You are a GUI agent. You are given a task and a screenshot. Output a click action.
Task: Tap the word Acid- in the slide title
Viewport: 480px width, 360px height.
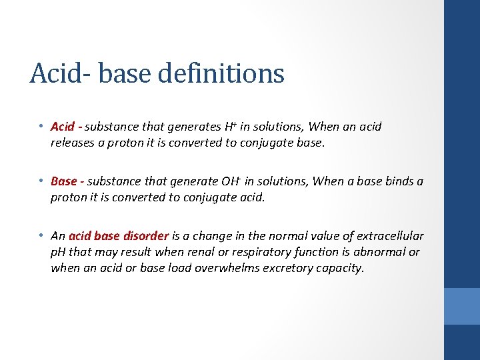point(58,73)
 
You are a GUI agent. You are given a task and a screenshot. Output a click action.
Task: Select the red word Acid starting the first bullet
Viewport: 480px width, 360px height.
point(63,127)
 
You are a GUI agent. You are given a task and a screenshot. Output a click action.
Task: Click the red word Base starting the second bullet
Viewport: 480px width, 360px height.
point(64,181)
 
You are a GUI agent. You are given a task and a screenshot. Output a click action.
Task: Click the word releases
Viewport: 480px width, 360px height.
point(75,141)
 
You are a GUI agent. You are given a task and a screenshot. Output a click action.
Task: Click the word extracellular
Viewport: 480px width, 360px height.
point(390,236)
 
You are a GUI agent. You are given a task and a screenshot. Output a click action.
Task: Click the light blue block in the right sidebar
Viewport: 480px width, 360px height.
point(462,306)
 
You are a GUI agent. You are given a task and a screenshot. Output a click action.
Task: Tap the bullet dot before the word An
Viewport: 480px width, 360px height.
point(41,235)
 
